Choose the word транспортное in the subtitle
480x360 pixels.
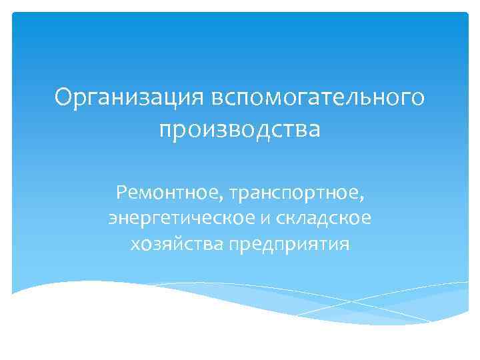pyautogui.click(x=296, y=195)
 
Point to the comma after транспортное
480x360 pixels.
pyautogui.click(x=363, y=200)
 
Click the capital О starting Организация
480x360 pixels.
pyautogui.click(x=63, y=98)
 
